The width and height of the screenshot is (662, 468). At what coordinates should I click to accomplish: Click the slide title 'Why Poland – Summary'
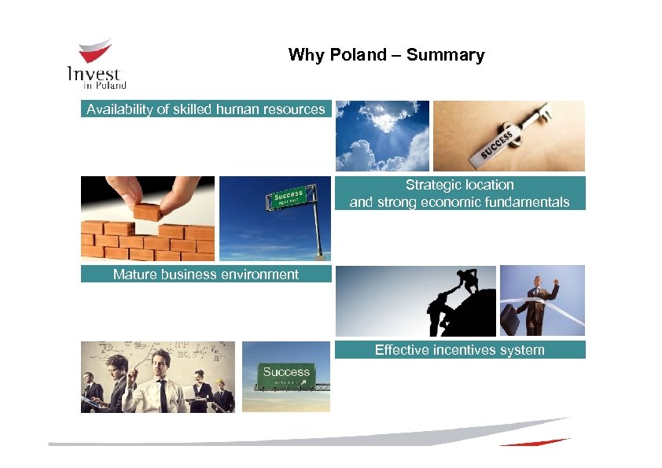(386, 55)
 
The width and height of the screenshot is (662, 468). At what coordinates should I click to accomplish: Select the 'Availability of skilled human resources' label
(205, 109)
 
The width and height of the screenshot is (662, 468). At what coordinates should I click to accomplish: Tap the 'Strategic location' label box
(459, 193)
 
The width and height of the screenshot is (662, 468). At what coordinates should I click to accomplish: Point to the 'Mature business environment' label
(205, 275)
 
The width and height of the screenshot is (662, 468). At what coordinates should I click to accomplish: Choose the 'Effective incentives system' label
(459, 350)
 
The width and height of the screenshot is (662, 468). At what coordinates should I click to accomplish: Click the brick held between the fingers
(147, 211)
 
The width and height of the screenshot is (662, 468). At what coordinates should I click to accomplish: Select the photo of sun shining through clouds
(382, 135)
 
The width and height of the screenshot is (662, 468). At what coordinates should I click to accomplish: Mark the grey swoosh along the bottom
(314, 437)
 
